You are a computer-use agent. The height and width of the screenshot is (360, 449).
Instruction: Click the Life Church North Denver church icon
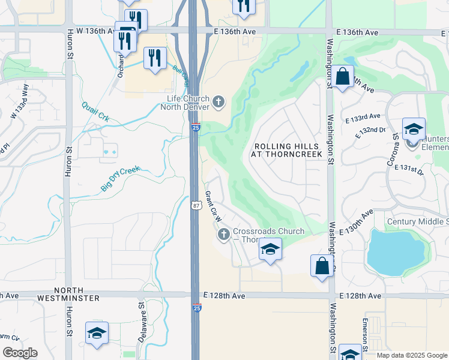218,103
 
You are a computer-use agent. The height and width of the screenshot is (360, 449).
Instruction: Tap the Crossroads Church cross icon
224,234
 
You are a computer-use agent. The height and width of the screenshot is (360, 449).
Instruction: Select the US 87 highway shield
196,205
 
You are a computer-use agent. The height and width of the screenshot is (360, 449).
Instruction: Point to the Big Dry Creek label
120,179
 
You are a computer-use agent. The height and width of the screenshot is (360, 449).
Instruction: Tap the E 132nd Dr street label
370,131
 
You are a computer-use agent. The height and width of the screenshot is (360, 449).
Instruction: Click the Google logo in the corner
20,352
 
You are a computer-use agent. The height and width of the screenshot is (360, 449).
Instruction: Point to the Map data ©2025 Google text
411,355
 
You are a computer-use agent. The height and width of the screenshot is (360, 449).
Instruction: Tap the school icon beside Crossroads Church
270,250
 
